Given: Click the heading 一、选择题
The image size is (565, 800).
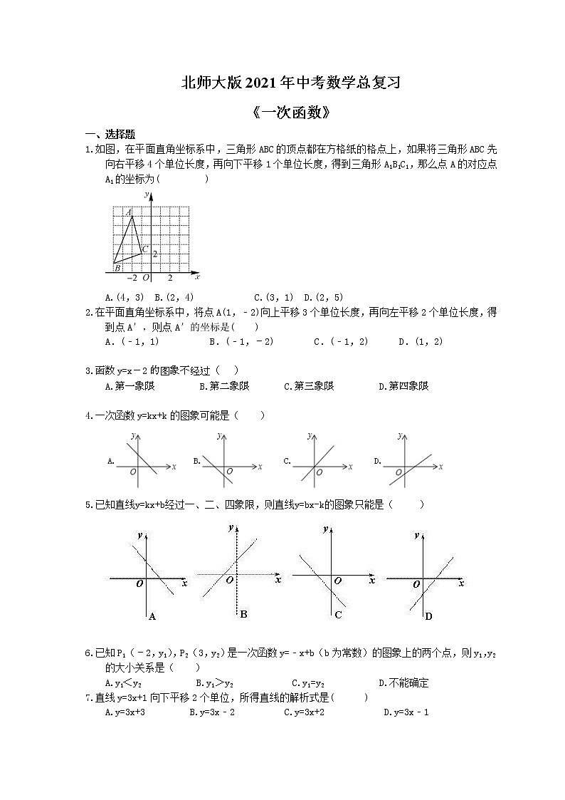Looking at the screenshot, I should (110, 134).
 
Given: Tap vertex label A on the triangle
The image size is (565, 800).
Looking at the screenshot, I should (129, 212).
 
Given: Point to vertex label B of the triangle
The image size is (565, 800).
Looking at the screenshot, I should (117, 268).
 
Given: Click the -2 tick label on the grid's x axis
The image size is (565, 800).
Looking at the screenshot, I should (132, 278).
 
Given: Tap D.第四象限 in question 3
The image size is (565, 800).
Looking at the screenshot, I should (403, 386).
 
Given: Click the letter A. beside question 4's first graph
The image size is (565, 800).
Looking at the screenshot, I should (110, 462).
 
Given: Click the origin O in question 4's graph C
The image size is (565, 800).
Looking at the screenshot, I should (319, 472).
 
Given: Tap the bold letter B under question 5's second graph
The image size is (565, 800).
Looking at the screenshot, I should (243, 614).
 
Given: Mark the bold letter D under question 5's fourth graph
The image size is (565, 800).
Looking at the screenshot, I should (428, 616).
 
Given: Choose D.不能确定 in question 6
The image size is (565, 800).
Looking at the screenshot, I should (403, 682).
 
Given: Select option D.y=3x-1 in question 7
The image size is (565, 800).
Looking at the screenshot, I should (405, 712).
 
